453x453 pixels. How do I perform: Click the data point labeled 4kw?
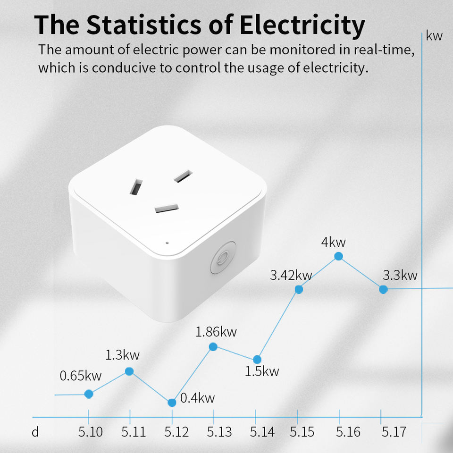(x=339, y=256)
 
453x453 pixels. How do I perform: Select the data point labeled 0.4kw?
(x=172, y=403)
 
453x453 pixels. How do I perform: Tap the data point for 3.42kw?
(x=299, y=289)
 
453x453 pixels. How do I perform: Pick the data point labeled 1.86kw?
(x=213, y=347)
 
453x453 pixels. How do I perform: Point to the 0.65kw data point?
(x=89, y=394)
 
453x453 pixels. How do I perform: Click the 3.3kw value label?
(x=400, y=275)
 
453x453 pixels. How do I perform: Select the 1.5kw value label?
(x=262, y=371)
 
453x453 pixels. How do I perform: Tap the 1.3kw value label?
(x=122, y=355)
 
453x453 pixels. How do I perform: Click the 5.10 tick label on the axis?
(x=91, y=432)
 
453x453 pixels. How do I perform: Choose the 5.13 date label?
(x=219, y=432)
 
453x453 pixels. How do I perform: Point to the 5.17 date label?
(x=394, y=432)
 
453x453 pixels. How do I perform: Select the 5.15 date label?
(x=302, y=432)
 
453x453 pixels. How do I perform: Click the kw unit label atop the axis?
(x=434, y=36)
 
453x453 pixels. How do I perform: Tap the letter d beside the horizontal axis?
(x=35, y=432)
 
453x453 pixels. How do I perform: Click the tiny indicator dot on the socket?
(x=167, y=243)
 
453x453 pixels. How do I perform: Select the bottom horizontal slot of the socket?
(x=167, y=208)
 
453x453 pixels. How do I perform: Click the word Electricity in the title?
(x=302, y=25)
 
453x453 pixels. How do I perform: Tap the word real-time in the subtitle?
(x=384, y=50)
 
